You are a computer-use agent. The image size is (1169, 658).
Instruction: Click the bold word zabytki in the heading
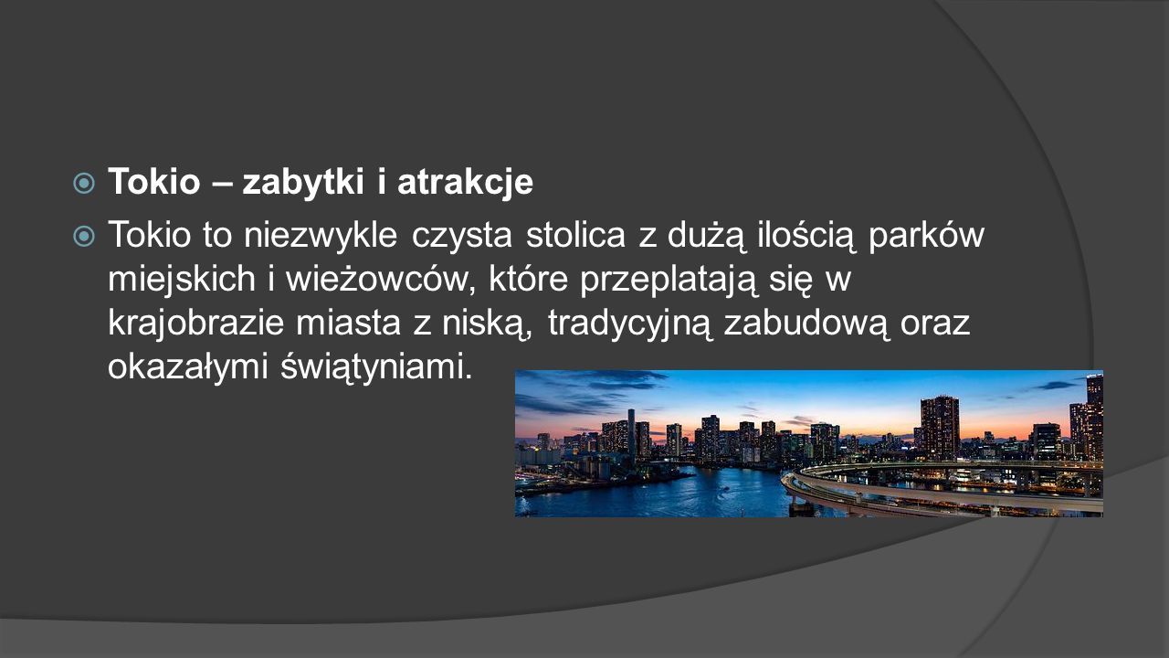coord(303,182)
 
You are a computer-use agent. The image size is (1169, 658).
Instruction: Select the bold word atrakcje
coord(465,182)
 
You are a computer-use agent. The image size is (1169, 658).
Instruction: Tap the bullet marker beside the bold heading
coord(84,184)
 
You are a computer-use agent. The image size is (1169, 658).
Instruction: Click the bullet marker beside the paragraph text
coord(84,236)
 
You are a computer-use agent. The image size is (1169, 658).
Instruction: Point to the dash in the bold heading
coord(221,185)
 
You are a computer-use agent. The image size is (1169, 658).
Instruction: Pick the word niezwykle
coord(321,235)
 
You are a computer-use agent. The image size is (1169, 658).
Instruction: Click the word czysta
coord(462,236)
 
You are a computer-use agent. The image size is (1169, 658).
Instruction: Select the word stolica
coord(575,235)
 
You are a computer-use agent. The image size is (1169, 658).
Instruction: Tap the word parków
coord(926,236)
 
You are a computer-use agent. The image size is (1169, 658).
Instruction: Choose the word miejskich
coord(182,280)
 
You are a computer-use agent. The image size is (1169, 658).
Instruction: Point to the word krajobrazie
coord(195,324)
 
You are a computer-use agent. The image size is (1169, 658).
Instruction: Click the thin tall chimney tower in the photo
coord(631,433)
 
